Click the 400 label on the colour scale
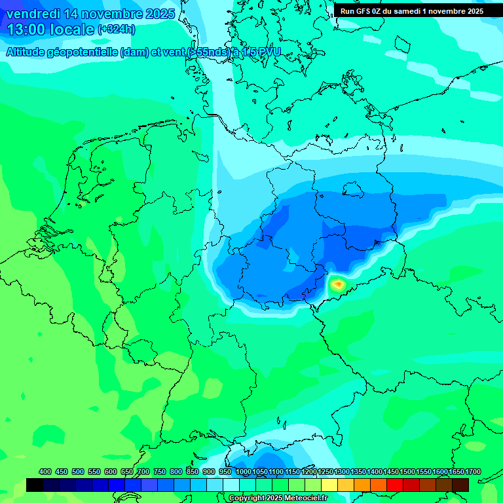point(45,472)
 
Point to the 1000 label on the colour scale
point(244,472)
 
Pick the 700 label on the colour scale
point(143,472)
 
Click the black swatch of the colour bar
point(35,485)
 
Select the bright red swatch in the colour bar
point(395,485)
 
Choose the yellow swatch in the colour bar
point(329,485)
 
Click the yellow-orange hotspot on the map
point(338,284)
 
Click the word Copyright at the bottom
point(247,498)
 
